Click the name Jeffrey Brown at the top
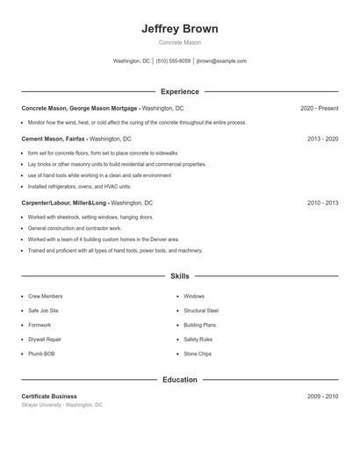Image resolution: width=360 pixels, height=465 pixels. point(179,29)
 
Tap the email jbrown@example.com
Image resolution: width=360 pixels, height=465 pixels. point(221,61)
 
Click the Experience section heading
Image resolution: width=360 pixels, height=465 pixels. point(179,91)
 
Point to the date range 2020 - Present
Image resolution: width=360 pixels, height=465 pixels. point(319,108)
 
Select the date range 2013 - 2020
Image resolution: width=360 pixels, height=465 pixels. point(322,139)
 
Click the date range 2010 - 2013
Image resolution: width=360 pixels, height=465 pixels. point(322,203)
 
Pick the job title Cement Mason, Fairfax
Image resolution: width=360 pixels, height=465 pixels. point(54,139)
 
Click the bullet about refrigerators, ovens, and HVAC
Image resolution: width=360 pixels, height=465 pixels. point(79,186)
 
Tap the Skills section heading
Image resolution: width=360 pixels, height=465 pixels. point(179,276)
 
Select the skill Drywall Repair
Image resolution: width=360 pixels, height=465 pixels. point(45,339)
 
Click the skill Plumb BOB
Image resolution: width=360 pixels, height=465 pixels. point(41,354)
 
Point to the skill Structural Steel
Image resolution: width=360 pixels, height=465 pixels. point(201,311)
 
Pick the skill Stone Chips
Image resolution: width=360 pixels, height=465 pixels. point(198,354)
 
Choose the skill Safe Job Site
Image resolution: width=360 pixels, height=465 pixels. point(43,311)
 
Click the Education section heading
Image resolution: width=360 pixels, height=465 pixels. point(179,380)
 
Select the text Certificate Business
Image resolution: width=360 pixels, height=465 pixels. point(49,397)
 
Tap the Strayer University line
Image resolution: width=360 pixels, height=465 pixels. point(61,405)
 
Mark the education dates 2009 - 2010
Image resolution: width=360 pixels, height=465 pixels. point(322,397)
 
